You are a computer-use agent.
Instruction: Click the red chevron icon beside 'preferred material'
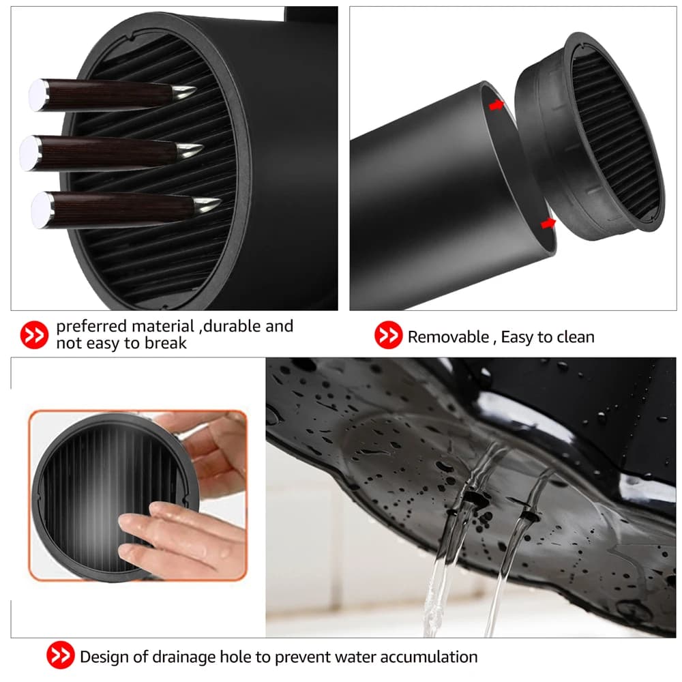pos(34,335)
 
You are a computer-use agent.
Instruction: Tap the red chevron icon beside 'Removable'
pos(387,336)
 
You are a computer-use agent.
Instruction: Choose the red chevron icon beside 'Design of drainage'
pos(60,657)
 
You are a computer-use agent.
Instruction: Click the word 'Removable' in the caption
pos(448,336)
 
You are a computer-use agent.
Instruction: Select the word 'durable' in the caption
pos(233,326)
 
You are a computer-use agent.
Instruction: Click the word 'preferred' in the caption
pos(92,326)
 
